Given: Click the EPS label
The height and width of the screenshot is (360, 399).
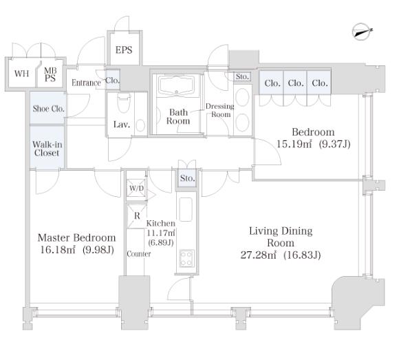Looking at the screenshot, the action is point(124,50).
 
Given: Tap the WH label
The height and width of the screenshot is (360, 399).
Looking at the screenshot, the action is point(21,74).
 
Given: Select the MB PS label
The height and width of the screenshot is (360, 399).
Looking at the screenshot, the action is point(50,74).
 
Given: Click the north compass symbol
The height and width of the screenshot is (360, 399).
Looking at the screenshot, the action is point(361,32).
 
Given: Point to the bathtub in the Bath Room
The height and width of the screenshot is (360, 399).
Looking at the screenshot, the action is point(176,85).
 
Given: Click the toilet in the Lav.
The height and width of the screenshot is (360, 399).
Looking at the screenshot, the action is point(124,103).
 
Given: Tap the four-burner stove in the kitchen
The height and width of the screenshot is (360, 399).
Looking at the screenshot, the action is point(186,258).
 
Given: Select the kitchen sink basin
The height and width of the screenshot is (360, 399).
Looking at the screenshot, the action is point(186,209).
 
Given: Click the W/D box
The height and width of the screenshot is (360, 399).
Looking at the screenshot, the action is point(137,188).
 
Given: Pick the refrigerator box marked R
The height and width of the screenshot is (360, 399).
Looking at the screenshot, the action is point(137,216).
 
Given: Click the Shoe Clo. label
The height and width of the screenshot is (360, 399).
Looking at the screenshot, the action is point(49,109).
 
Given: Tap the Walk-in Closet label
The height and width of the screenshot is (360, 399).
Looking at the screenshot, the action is point(47,149).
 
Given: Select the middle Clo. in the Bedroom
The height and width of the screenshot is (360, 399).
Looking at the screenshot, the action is point(295,83).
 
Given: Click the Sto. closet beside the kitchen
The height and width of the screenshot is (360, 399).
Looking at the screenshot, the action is point(187,178).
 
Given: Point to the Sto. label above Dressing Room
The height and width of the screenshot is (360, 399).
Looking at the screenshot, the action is point(242,76).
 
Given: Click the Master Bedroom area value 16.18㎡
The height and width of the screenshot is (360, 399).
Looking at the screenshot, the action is point(58,250).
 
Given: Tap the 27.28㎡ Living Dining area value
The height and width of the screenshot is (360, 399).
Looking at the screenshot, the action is point(258,255).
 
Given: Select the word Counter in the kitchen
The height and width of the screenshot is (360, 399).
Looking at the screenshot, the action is point(139,254).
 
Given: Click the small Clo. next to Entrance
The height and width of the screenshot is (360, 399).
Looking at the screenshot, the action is point(112,81).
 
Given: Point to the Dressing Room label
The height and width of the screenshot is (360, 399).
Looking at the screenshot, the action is point(220,110).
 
